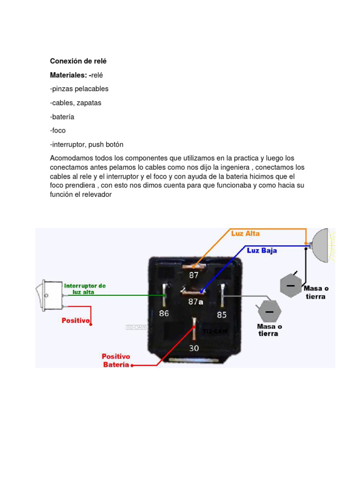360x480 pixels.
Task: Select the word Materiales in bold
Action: click(x=68, y=75)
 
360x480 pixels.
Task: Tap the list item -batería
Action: click(x=62, y=117)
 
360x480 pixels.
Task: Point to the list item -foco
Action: click(x=58, y=130)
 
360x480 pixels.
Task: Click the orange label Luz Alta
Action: click(x=245, y=233)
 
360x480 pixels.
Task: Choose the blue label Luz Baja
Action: click(x=262, y=251)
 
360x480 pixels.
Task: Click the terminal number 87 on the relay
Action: click(x=194, y=276)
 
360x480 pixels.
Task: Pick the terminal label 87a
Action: click(x=196, y=302)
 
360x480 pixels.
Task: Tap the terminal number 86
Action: click(x=164, y=314)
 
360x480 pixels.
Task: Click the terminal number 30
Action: click(x=194, y=348)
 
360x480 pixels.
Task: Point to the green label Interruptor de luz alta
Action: click(x=85, y=289)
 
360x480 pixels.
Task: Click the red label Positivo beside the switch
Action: click(x=75, y=321)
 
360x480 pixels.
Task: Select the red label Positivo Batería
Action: click(x=116, y=361)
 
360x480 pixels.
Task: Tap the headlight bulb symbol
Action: click(x=322, y=245)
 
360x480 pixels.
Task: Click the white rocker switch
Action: click(x=50, y=295)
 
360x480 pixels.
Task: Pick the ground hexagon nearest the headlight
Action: click(x=291, y=285)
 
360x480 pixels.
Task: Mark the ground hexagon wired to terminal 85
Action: click(x=269, y=311)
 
